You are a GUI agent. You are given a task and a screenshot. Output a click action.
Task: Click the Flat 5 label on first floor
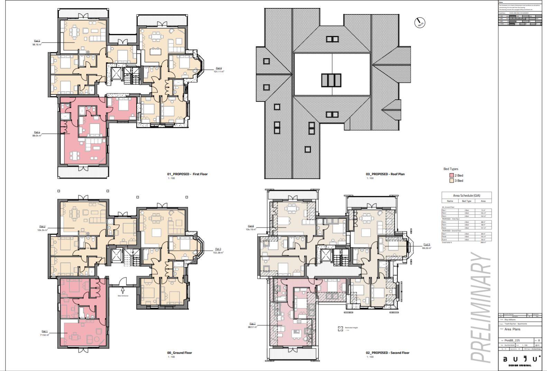(37, 41)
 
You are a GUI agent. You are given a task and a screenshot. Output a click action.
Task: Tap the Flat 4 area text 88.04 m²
(37, 136)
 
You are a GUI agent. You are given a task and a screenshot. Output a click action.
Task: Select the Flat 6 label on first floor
(219, 68)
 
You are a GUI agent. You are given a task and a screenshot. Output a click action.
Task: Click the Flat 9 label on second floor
(426, 244)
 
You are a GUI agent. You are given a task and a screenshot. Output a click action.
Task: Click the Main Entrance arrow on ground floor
(123, 290)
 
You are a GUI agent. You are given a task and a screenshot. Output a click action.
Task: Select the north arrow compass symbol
(419, 22)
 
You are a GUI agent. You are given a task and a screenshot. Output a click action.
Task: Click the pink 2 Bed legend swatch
(451, 175)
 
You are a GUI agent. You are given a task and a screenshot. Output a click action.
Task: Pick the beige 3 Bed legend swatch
(451, 181)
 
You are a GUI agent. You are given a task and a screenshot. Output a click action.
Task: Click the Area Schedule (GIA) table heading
(466, 195)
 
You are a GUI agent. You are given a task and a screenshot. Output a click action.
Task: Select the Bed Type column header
(466, 201)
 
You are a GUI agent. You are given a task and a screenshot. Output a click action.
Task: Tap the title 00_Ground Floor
(179, 353)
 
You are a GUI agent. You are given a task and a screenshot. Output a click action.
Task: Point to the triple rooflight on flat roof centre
(331, 80)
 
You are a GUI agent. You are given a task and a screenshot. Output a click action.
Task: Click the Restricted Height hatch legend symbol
(340, 328)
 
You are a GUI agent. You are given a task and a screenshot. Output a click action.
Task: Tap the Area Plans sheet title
(512, 329)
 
